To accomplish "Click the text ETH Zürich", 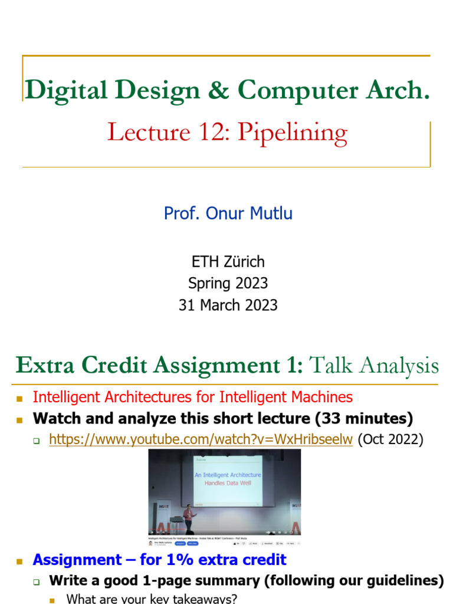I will click(x=227, y=262).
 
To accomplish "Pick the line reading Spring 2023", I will click(x=227, y=284).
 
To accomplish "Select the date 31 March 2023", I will click(x=227, y=305).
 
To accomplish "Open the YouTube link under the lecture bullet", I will click(x=201, y=439).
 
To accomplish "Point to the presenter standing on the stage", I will click(x=189, y=520).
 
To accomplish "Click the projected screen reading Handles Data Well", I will click(x=228, y=479).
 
